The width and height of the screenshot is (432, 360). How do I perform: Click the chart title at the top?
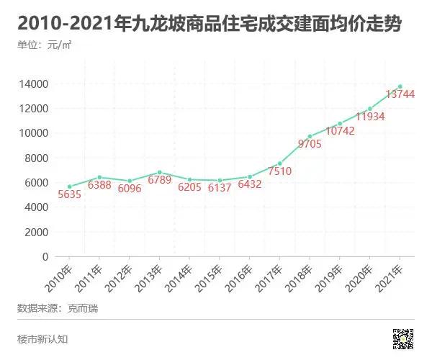[209, 24]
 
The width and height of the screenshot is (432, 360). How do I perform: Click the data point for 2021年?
[400, 86]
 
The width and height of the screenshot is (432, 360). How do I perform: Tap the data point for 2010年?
[69, 186]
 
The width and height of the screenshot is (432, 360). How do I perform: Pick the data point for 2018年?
[310, 136]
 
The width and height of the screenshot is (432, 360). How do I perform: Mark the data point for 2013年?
[159, 173]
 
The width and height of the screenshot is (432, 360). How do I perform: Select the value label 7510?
[279, 171]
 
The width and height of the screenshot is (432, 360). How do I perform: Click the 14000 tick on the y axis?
[34, 84]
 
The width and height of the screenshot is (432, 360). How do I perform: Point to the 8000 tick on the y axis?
[37, 158]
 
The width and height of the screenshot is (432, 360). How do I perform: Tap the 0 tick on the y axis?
[45, 256]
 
